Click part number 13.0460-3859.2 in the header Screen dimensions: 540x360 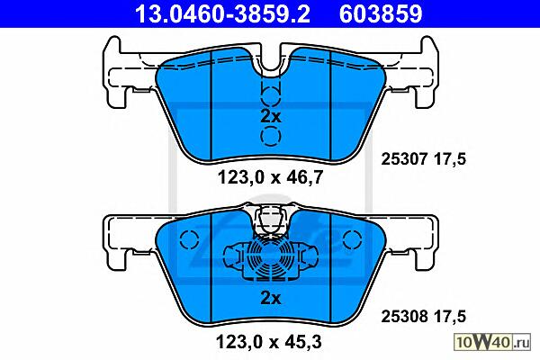[x=222, y=13]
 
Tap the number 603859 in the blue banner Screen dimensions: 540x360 [x=381, y=13]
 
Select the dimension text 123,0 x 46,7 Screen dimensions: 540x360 [x=270, y=178]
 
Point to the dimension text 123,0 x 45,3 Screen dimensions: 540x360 [x=268, y=342]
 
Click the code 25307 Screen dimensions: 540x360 [x=404, y=159]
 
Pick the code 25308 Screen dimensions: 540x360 [x=404, y=316]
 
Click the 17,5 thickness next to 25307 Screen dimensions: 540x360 [x=450, y=159]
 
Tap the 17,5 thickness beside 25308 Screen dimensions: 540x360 [x=450, y=317]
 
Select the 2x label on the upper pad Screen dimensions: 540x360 [x=271, y=116]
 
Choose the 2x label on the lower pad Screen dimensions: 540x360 [x=271, y=298]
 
